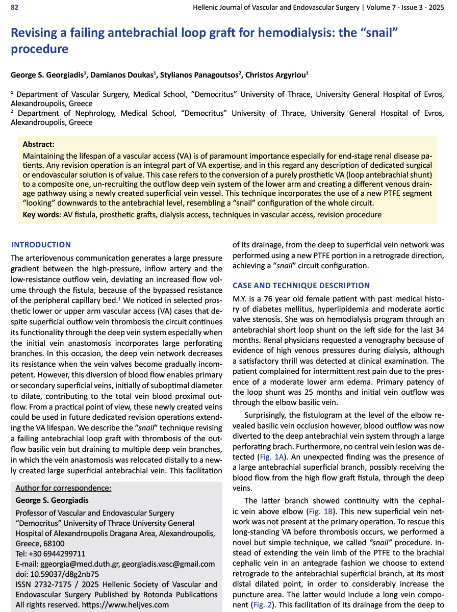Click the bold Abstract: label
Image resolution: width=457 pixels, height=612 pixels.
point(39,145)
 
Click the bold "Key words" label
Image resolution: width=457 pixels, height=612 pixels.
point(41,215)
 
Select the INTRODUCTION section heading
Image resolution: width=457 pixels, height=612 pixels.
point(41,245)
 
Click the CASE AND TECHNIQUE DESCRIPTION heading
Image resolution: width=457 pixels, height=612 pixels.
point(301,286)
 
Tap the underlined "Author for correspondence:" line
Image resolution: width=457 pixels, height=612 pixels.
point(63,488)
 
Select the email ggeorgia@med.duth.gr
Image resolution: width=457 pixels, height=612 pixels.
point(84,564)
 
